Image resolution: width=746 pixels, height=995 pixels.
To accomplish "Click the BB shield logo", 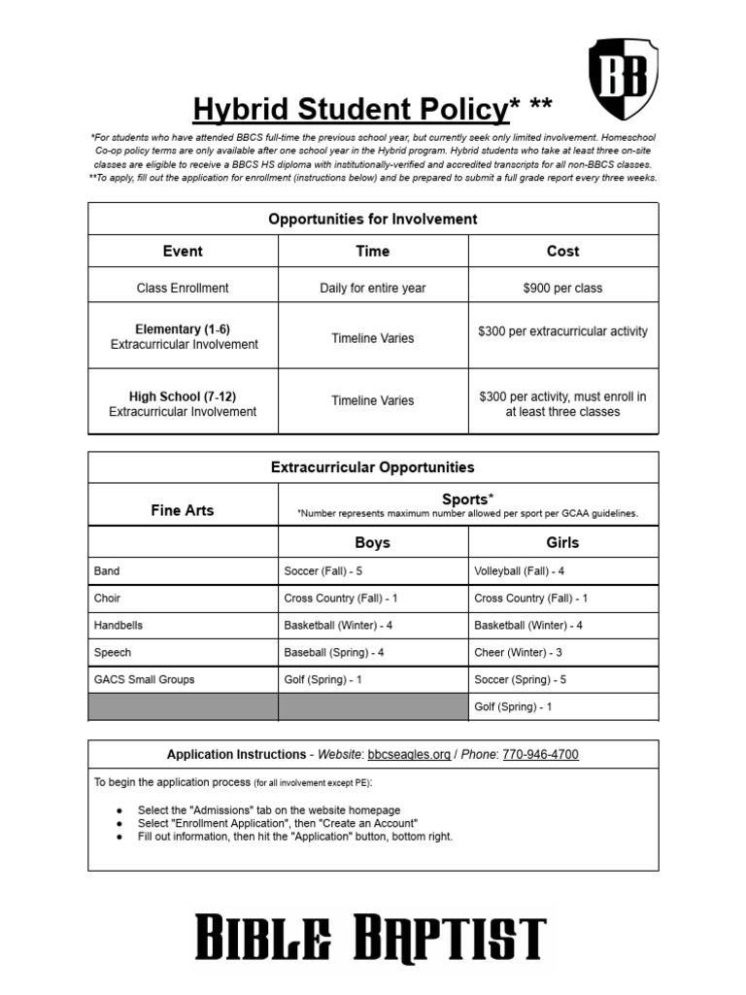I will tap(624, 80).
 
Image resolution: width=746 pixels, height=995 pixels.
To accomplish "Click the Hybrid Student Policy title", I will tap(350, 110).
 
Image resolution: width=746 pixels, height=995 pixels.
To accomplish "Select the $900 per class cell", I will tap(562, 288).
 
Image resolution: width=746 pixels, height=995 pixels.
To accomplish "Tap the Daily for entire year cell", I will tap(373, 288).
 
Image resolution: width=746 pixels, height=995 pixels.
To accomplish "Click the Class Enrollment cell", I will tap(183, 288).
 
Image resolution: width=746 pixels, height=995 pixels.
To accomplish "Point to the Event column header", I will tap(183, 251).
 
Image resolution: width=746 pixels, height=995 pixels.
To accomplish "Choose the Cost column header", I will tap(562, 251).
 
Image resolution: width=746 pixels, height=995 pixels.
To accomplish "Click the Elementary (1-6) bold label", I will tap(184, 329).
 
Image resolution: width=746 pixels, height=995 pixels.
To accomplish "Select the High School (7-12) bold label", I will tap(183, 396).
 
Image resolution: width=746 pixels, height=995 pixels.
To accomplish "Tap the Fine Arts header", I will tap(183, 510).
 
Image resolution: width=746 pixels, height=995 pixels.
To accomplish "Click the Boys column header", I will tap(373, 543).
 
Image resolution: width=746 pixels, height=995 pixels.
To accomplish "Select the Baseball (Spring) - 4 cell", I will tap(333, 653).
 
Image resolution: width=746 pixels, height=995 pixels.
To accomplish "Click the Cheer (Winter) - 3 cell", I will tap(518, 653).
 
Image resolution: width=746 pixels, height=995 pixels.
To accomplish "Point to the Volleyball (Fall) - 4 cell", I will tap(519, 571).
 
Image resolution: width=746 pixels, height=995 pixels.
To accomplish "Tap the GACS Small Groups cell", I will tap(144, 680).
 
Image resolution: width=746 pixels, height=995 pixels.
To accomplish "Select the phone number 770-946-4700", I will tap(541, 755).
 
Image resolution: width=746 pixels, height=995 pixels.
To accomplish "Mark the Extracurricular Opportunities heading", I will tap(372, 467).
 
